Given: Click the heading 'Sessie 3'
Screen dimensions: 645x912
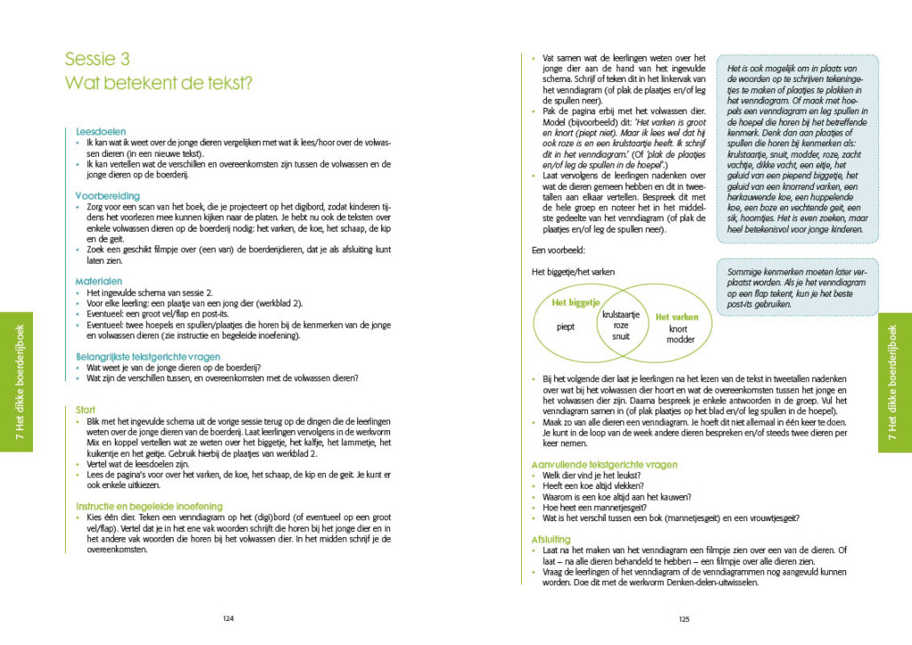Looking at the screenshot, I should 97,59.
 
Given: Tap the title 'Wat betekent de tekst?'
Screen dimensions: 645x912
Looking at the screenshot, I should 159,85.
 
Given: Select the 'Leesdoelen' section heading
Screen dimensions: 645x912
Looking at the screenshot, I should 101,131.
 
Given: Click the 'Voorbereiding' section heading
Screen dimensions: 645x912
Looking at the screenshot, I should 108,195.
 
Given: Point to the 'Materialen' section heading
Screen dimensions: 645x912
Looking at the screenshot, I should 99,281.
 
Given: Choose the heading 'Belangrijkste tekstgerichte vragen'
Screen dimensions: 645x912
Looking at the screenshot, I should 153,356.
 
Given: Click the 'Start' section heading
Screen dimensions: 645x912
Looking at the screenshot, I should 86,409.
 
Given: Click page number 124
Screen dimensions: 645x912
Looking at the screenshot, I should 228,620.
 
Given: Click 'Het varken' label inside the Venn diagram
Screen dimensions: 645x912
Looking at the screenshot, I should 677,316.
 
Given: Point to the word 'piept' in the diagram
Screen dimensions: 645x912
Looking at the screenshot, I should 565,326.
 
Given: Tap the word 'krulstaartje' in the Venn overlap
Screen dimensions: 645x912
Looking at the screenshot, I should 621,315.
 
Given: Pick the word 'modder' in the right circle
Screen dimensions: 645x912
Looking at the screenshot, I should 680,340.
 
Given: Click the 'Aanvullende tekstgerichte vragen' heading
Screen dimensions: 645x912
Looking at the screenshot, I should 603,464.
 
